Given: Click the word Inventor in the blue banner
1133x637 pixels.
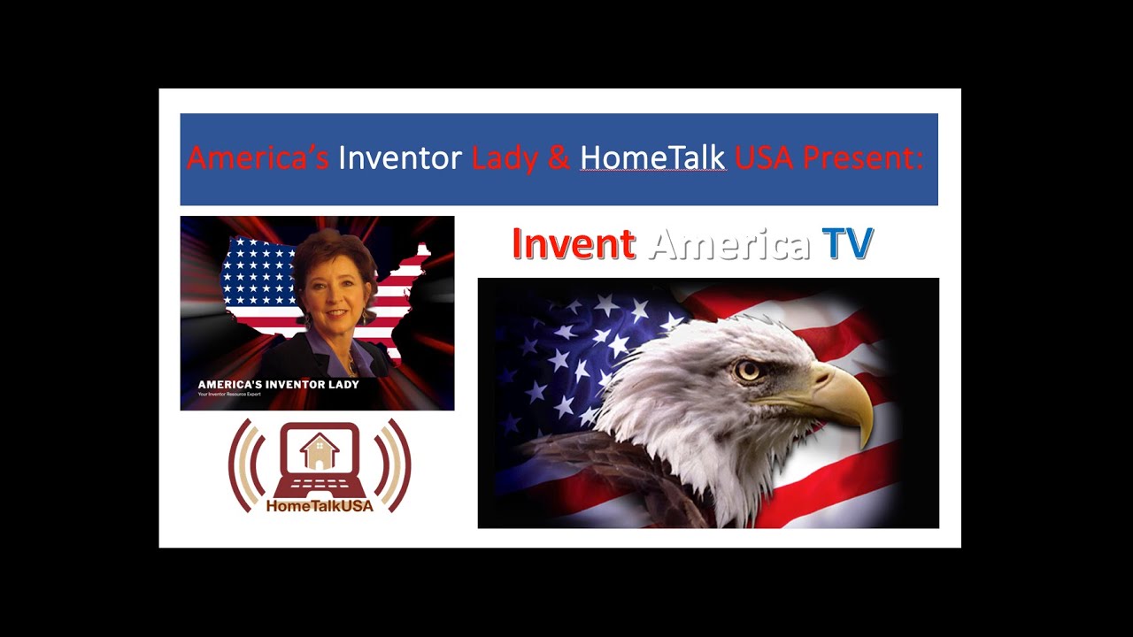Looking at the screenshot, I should [400, 158].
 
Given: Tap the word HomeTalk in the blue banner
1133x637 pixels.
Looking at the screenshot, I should [652, 158].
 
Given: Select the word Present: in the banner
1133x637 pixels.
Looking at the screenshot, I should [862, 158].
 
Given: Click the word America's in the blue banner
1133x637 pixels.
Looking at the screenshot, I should [258, 158].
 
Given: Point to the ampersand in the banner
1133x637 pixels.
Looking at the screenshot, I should [559, 159].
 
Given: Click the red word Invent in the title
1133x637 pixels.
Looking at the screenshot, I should [574, 244].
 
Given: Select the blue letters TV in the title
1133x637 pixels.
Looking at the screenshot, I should [847, 244].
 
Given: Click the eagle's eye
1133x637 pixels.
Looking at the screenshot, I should [748, 370].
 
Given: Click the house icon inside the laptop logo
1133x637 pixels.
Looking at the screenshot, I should [320, 450].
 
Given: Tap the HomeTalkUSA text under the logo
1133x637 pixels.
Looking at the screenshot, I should [320, 506].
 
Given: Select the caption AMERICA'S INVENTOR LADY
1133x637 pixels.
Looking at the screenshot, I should [278, 384].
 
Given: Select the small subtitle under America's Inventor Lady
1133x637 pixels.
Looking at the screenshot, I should [229, 394].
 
